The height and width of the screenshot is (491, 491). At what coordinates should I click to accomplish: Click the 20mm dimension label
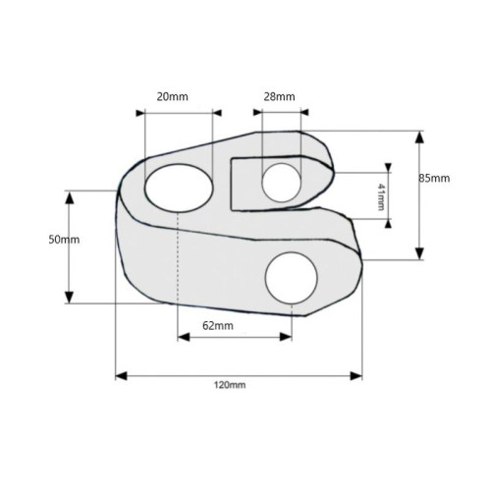[172, 97]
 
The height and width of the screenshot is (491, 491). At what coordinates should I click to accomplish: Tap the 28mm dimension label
[279, 97]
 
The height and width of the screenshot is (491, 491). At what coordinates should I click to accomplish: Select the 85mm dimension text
[434, 179]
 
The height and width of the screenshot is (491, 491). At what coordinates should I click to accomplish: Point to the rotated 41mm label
[381, 196]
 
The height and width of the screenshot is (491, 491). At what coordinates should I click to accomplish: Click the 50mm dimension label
[64, 240]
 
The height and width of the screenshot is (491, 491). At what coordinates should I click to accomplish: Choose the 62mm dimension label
[218, 326]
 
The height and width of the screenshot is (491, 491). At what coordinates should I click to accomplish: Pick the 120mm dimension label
[230, 385]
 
